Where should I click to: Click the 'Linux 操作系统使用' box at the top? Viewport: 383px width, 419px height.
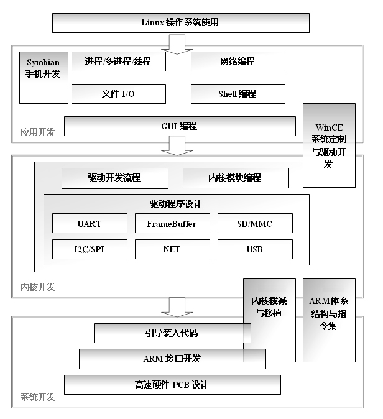[180, 23]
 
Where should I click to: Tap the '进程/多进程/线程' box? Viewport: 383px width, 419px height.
[119, 62]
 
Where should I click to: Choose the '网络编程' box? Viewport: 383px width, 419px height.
[238, 62]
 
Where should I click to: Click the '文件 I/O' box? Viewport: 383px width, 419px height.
[119, 94]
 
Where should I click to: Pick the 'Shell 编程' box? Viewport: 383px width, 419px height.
[238, 94]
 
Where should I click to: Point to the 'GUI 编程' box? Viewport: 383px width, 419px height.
[180, 126]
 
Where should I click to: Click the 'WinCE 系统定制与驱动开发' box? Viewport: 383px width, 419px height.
[329, 145]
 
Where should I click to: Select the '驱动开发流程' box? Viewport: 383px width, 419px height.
[115, 178]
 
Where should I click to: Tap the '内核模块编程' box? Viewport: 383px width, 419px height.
[236, 178]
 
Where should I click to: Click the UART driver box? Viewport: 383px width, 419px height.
[90, 223]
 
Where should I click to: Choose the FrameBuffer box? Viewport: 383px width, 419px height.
[172, 223]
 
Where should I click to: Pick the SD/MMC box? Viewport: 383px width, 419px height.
[255, 223]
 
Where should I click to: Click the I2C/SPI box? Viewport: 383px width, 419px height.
[90, 249]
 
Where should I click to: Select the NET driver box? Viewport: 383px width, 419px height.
[172, 249]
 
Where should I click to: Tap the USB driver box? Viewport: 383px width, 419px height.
[255, 249]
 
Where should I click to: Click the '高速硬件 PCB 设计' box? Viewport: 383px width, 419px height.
[172, 385]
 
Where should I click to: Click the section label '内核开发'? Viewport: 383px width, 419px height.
[38, 287]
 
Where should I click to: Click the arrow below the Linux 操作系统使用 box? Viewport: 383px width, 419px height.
[177, 44]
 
